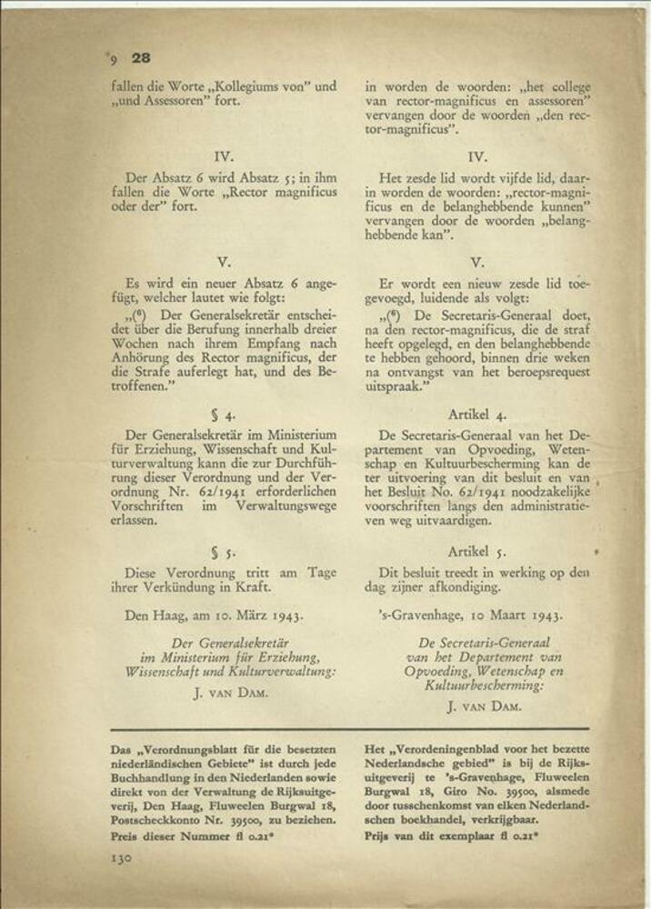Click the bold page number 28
click(x=141, y=57)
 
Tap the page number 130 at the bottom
click(x=123, y=857)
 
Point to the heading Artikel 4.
click(x=477, y=414)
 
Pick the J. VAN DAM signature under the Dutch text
click(x=483, y=705)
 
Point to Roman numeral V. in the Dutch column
click(x=478, y=262)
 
